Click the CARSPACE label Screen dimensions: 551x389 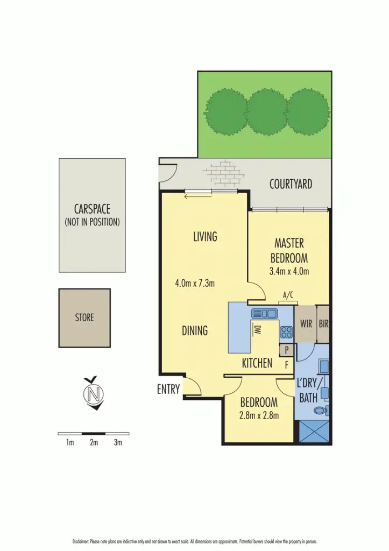click(92, 209)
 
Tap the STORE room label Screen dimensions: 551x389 click(84, 317)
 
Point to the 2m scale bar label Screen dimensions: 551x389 click(94, 443)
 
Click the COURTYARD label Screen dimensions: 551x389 click(291, 185)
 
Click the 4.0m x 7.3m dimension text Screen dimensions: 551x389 click(195, 283)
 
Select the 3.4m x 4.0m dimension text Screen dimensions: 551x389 click(289, 272)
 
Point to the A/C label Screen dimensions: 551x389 click(288, 295)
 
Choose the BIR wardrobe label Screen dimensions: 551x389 click(323, 324)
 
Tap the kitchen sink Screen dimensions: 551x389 click(264, 313)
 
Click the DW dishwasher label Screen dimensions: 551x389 click(257, 330)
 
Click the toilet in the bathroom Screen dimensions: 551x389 click(321, 411)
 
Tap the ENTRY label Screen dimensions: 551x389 click(168, 390)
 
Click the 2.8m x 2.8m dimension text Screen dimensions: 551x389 click(258, 415)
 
